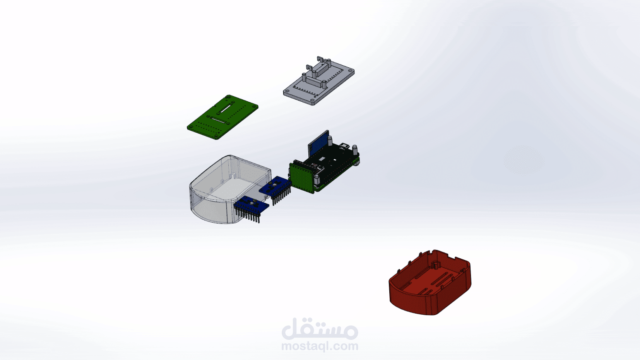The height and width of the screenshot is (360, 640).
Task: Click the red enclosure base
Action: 410,298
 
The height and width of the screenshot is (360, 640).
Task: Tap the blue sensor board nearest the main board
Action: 275,185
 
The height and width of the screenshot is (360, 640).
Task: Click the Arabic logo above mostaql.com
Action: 320,329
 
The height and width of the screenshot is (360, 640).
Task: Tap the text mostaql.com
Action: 320,346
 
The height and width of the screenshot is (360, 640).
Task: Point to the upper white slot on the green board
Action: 226,107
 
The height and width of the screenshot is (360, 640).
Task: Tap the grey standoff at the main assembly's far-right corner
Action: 354,149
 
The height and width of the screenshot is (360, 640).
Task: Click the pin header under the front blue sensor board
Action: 248,215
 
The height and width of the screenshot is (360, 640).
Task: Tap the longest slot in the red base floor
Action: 441,280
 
